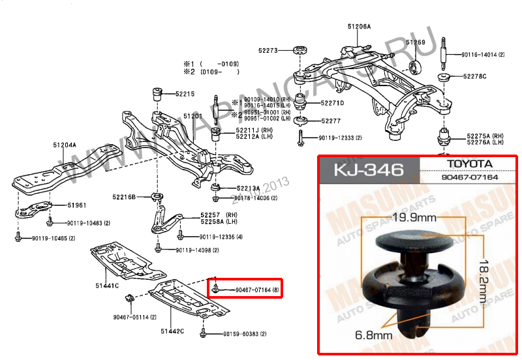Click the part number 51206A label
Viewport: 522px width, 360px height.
pyautogui.click(x=358, y=27)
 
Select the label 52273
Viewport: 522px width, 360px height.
pyautogui.click(x=268, y=50)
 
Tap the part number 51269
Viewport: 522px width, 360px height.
pyautogui.click(x=416, y=43)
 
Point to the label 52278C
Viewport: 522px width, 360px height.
pyautogui.click(x=474, y=76)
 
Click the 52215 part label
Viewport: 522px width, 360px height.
pyautogui.click(x=185, y=94)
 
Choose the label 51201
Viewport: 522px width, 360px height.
pyautogui.click(x=193, y=116)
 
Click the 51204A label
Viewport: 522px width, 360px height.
pyautogui.click(x=65, y=145)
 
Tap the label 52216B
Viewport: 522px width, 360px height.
pyautogui.click(x=123, y=196)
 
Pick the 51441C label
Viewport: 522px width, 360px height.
pyautogui.click(x=107, y=285)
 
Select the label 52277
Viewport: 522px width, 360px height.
pyautogui.click(x=331, y=121)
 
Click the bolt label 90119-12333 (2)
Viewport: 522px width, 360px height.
pyautogui.click(x=340, y=138)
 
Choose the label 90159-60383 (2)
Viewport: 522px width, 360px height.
pyautogui.click(x=245, y=334)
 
